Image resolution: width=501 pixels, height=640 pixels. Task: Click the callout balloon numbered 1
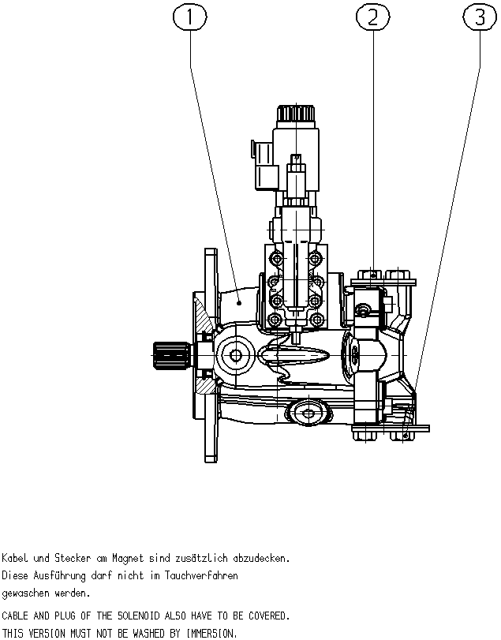pos(190,17)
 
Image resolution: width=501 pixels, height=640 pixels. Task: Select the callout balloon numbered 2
pos(373,17)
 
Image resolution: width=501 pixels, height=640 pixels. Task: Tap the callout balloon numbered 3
pos(480,17)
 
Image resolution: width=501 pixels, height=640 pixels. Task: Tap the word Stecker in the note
pos(73,558)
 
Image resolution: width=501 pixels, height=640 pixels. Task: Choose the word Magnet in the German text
pos(128,559)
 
